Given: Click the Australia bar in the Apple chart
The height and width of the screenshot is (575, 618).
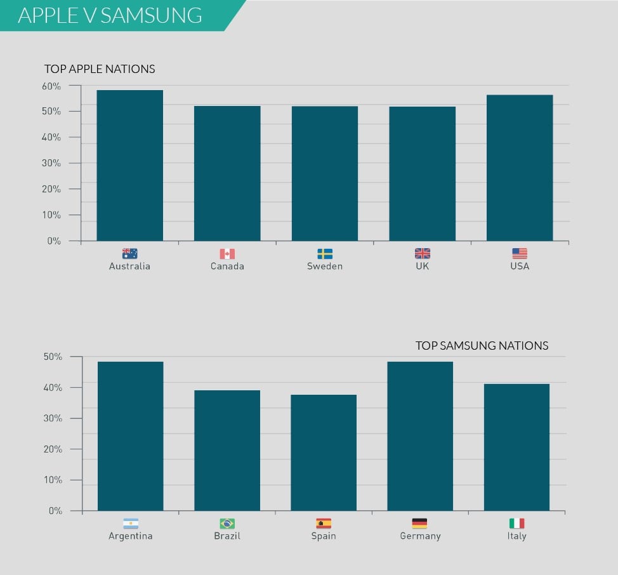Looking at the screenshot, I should [x=129, y=166].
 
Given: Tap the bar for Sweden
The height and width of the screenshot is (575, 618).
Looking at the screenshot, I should [x=324, y=173].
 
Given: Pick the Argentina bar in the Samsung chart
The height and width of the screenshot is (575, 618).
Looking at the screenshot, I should [x=130, y=436].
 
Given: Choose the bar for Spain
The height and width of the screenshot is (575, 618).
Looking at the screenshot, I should [x=324, y=453].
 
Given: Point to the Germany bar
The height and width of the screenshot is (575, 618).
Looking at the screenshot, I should [x=420, y=436].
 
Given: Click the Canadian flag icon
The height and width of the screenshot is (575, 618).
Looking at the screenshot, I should [x=227, y=254].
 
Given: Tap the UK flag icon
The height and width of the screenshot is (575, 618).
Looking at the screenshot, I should [x=422, y=254].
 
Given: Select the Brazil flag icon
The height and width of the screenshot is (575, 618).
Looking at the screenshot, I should [x=227, y=524].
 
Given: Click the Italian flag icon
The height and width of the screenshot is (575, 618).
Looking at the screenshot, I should [x=516, y=524].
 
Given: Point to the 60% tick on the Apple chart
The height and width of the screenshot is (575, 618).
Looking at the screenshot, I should [x=51, y=86].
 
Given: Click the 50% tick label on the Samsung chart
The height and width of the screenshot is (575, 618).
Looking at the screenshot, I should [x=53, y=357].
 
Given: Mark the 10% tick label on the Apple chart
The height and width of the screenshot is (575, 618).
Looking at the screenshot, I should [x=51, y=215].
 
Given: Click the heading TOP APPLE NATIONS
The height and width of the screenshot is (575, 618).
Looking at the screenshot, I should [x=100, y=69].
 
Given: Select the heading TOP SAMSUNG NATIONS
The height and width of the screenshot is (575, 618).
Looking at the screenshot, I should [x=482, y=346].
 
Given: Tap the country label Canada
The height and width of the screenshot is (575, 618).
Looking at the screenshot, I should [x=227, y=267].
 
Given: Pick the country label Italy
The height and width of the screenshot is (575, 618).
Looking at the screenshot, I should [x=516, y=536].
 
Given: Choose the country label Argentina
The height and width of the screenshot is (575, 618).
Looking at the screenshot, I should [x=130, y=536].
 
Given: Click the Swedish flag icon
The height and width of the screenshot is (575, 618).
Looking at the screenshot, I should [x=324, y=254].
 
